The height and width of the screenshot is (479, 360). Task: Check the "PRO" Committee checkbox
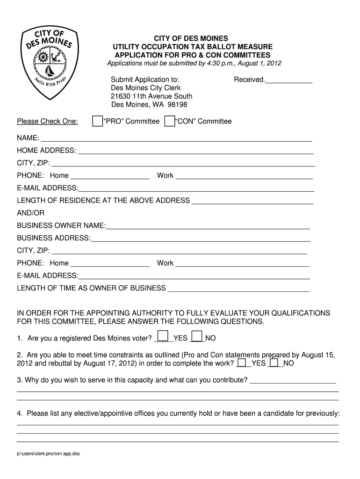point(97,121)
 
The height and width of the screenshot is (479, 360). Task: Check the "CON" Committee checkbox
point(169,121)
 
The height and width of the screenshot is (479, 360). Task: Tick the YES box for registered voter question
point(163,336)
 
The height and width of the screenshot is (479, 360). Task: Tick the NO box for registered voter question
point(197,336)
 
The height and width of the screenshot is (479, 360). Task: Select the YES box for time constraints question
point(242,363)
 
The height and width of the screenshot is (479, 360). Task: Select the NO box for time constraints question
point(274,363)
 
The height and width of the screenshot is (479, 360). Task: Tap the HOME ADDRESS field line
point(195,151)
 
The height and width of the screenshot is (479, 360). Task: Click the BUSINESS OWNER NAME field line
point(208,226)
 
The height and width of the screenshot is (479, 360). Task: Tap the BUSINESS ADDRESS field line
point(201,239)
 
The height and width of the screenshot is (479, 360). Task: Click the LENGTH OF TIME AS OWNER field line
point(238,289)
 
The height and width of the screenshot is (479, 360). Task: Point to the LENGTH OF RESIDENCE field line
point(252,201)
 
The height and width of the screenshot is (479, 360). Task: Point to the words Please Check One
point(47,122)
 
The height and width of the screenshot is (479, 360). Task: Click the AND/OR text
point(31,213)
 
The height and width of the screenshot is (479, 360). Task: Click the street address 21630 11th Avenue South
point(151,96)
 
